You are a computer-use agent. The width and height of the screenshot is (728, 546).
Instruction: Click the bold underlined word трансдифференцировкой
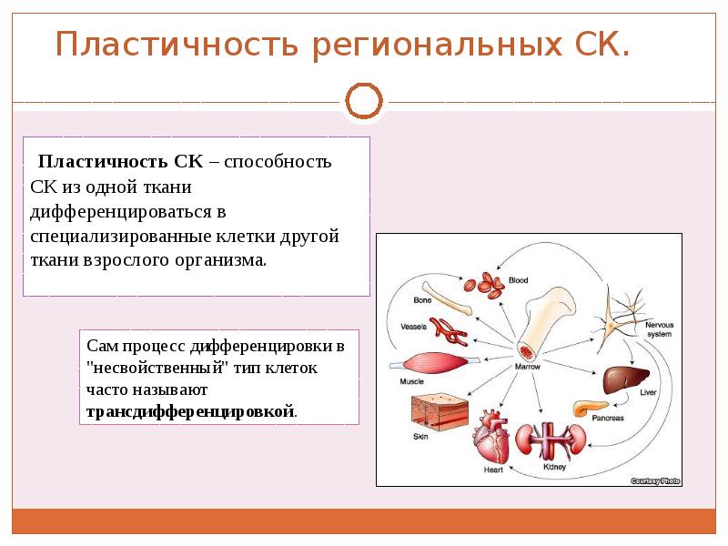190,411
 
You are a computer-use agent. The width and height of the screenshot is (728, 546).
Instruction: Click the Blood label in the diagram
518,280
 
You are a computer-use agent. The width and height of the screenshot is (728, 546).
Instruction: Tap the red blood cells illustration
484,286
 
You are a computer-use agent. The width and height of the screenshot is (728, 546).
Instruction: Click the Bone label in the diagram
422,300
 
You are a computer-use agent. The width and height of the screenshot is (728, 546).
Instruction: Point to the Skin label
420,437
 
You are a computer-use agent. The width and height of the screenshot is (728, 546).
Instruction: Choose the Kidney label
554,467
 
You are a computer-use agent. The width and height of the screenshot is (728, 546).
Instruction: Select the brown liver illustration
623,376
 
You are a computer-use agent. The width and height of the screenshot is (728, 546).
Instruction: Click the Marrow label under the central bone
528,367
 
